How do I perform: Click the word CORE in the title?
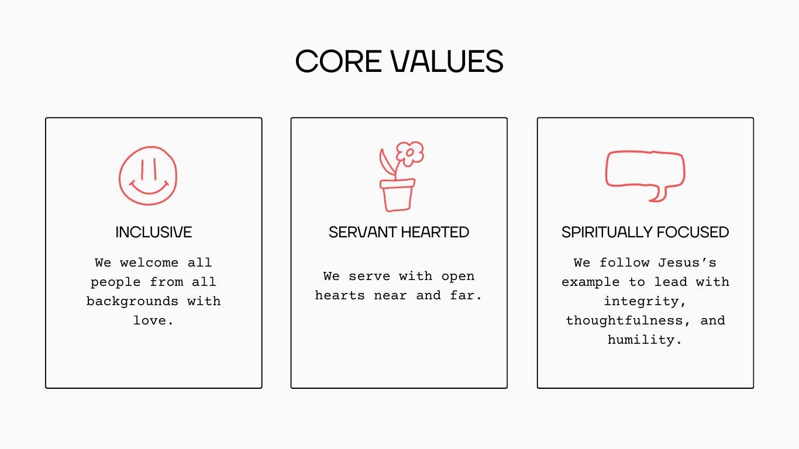(338, 61)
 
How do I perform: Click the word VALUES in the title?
(447, 61)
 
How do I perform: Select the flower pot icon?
(397, 195)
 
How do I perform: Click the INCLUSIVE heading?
(154, 232)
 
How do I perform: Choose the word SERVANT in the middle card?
(363, 232)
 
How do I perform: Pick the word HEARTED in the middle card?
(435, 232)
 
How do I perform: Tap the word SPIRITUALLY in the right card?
(607, 232)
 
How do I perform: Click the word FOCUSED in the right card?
(693, 232)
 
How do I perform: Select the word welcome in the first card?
(149, 263)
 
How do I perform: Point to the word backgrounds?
(132, 301)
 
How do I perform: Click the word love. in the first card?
(153, 320)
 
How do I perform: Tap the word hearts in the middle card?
(340, 295)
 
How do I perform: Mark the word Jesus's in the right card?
(687, 263)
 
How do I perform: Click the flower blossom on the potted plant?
(410, 153)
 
